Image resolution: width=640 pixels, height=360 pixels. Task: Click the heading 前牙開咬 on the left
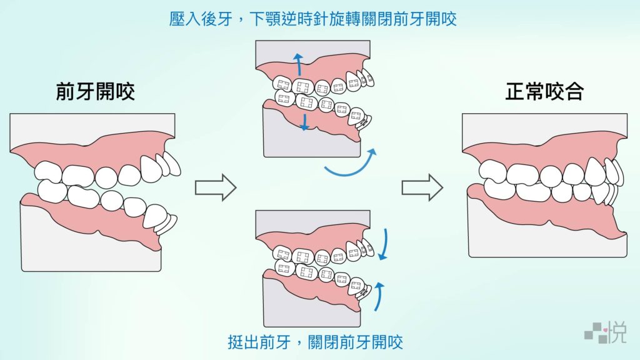(95, 92)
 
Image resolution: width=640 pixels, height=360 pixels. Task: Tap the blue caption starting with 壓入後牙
(313, 19)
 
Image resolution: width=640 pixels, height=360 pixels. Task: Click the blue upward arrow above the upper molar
(298, 64)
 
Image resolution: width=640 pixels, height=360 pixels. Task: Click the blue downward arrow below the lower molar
(304, 121)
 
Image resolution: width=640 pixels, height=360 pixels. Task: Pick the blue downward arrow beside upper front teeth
(384, 244)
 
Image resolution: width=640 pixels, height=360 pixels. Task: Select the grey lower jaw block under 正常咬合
(547, 237)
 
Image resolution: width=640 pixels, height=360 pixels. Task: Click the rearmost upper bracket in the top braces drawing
(283, 84)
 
